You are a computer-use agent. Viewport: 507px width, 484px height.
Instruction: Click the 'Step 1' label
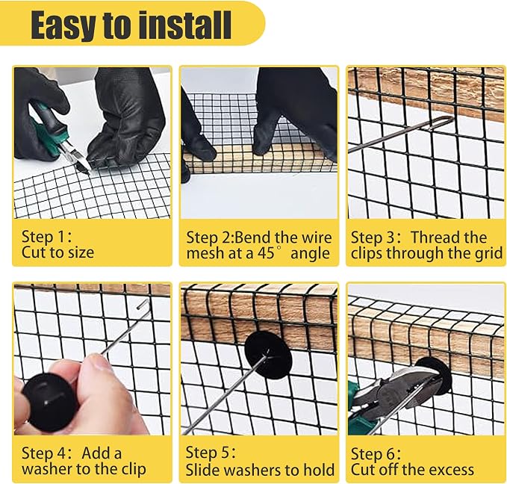pyautogui.click(x=45, y=237)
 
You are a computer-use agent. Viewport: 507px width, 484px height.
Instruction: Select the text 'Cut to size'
pyautogui.click(x=58, y=252)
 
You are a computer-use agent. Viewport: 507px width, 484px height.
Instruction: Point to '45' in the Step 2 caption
pyautogui.click(x=267, y=253)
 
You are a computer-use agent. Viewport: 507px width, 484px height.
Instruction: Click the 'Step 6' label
pyautogui.click(x=374, y=453)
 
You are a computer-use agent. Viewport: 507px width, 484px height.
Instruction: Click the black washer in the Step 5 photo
pyautogui.click(x=268, y=355)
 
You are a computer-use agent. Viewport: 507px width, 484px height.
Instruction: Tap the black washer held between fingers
pyautogui.click(x=47, y=402)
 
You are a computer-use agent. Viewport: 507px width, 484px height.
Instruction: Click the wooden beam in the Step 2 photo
pyautogui.click(x=258, y=160)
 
